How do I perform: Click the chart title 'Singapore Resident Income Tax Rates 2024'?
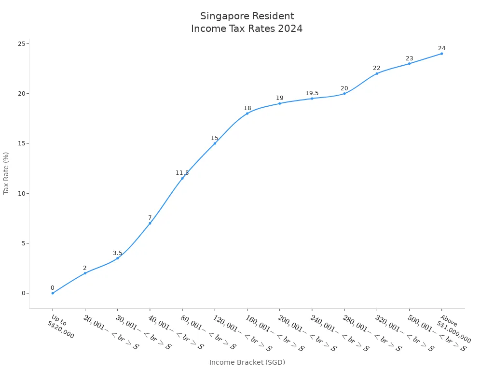247,23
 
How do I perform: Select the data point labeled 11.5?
182,178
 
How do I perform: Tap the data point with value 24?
441,54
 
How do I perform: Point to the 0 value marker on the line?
53,293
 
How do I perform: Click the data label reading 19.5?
312,93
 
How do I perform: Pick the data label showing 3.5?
118,253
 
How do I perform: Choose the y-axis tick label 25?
21,44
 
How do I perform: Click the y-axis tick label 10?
21,193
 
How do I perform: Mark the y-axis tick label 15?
21,143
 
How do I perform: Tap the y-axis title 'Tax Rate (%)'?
6,173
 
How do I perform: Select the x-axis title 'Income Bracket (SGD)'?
247,362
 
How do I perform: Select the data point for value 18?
247,114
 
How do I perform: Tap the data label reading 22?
377,68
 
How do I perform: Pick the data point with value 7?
150,223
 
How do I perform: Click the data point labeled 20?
344,94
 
